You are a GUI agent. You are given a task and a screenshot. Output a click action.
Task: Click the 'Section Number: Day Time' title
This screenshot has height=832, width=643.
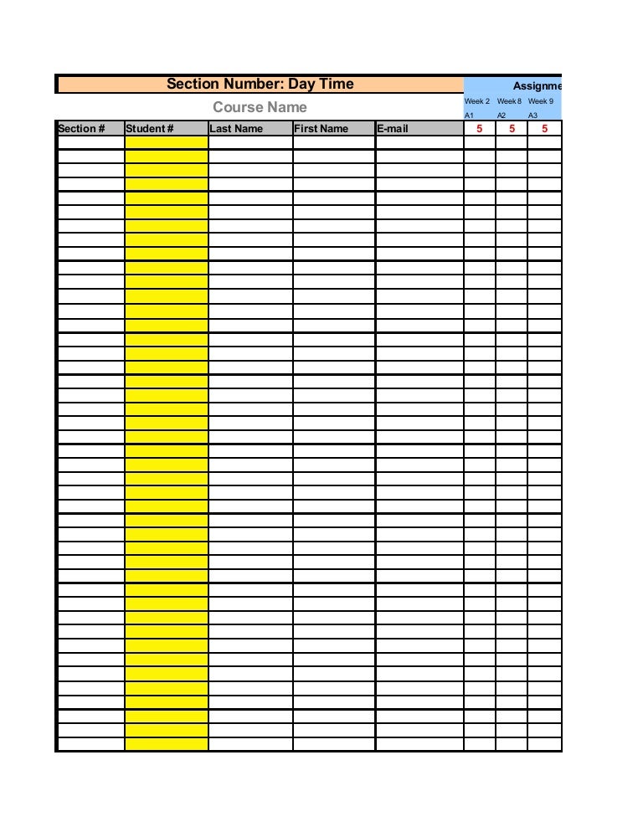click(x=260, y=84)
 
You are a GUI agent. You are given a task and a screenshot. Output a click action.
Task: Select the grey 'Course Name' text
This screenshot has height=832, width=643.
click(x=260, y=107)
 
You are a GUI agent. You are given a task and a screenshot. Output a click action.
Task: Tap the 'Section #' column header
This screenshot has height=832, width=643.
click(x=81, y=129)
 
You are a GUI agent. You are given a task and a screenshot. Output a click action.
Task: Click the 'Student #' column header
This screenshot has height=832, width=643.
click(x=149, y=129)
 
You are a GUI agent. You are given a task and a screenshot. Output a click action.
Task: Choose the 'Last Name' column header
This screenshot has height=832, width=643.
click(x=236, y=129)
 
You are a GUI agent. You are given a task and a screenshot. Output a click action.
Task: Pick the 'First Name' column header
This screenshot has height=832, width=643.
click(x=321, y=129)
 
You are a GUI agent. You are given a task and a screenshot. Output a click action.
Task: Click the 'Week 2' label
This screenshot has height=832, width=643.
click(x=477, y=101)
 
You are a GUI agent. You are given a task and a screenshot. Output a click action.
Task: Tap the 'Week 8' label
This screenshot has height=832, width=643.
click(x=509, y=101)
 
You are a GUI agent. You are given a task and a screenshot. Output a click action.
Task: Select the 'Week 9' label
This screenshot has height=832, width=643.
click(x=541, y=101)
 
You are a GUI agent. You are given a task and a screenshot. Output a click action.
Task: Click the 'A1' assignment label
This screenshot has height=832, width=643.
click(x=470, y=116)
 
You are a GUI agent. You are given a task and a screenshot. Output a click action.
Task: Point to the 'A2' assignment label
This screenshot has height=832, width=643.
click(x=502, y=116)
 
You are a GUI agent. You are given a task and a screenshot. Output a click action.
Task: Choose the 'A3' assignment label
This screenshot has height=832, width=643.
click(x=533, y=116)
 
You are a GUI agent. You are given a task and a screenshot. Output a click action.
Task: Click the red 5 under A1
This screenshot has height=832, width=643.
click(x=480, y=129)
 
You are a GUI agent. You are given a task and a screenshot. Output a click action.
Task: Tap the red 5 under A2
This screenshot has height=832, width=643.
click(x=512, y=129)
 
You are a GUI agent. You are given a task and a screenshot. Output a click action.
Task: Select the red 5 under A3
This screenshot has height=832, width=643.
click(x=545, y=129)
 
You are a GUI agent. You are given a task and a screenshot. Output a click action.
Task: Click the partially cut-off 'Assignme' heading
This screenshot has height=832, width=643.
click(x=538, y=85)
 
